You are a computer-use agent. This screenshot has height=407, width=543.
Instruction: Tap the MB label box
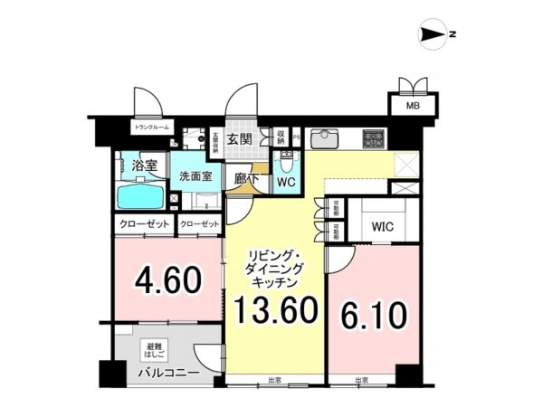tap(412, 106)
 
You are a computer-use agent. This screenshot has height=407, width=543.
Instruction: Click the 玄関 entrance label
tap(239, 139)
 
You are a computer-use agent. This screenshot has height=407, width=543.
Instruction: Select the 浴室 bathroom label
tap(144, 166)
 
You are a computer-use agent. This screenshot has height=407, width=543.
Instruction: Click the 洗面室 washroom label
tap(195, 176)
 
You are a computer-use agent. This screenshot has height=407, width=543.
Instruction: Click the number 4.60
tap(168, 279)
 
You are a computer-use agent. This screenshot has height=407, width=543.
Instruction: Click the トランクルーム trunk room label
tap(152, 128)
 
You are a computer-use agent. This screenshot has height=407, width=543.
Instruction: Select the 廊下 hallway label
tap(241, 180)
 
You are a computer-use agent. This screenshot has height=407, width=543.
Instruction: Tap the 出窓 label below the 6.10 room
tap(363, 381)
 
